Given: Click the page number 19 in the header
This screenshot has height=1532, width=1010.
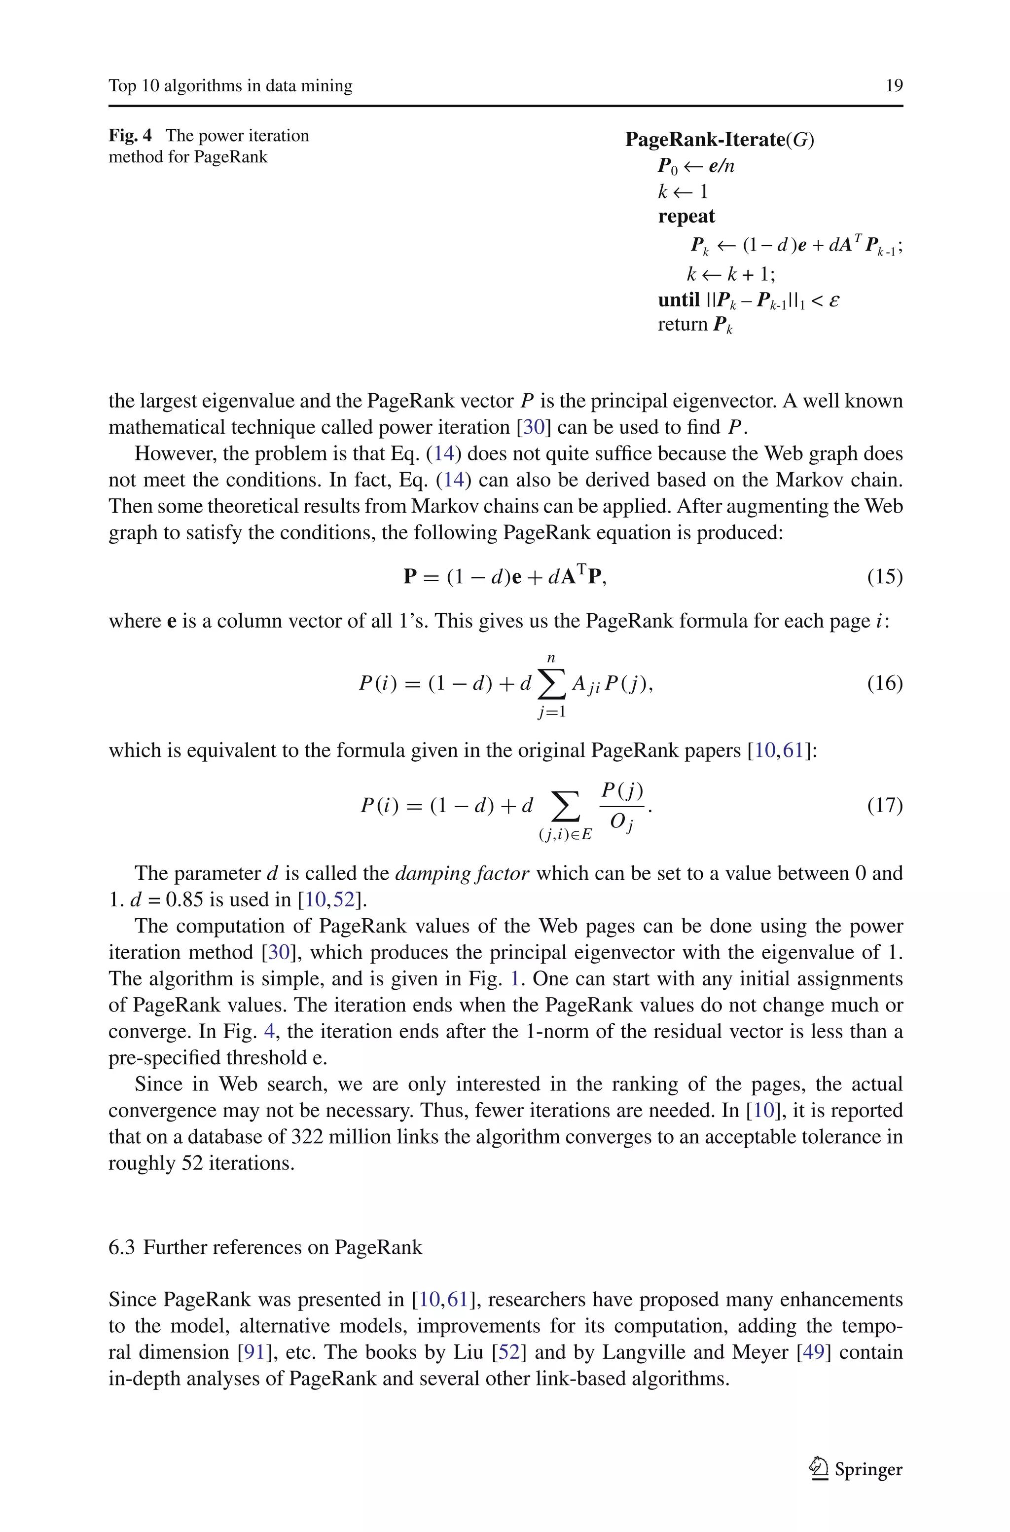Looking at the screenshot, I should pyautogui.click(x=894, y=86).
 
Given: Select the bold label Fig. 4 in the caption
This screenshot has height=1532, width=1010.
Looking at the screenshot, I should pyautogui.click(x=130, y=136).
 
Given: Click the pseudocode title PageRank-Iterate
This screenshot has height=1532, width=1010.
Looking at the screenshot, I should pyautogui.click(x=705, y=140).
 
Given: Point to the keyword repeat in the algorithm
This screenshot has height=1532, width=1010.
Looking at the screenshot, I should pyautogui.click(x=686, y=217).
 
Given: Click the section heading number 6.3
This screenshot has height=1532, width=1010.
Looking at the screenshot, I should pyautogui.click(x=122, y=1247).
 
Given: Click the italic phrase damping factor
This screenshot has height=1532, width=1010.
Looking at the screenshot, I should pyautogui.click(x=462, y=874).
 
